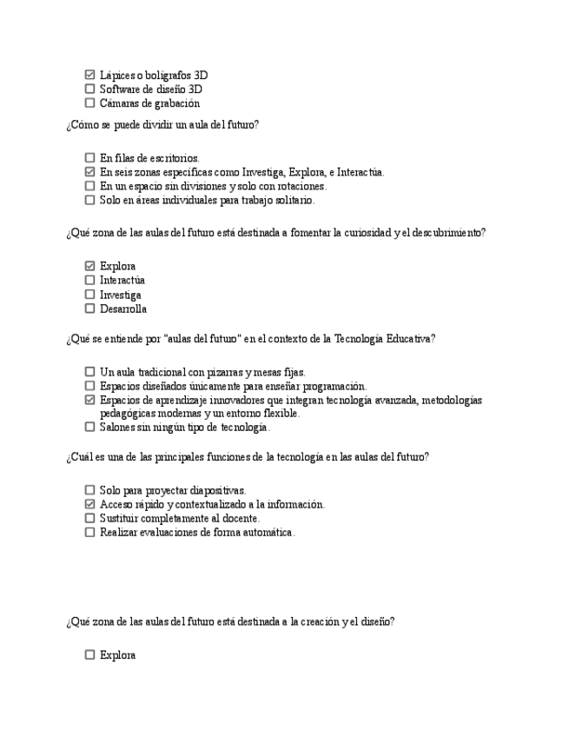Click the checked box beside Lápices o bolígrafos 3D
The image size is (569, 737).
pos(90,76)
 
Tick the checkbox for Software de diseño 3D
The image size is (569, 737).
pos(90,90)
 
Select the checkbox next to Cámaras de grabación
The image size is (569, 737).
pos(90,103)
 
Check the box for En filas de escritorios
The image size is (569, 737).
pos(90,158)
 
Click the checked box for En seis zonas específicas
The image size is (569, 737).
pos(90,172)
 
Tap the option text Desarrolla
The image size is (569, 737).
pos(123,309)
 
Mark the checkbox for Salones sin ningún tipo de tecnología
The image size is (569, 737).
pos(90,427)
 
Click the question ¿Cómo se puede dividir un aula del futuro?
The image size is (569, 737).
pos(162,124)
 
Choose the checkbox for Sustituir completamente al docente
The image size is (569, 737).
pos(90,518)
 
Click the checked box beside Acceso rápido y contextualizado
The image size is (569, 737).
pos(90,504)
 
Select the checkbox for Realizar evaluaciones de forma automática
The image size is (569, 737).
pos(90,532)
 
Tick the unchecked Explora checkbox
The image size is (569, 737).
pos(90,655)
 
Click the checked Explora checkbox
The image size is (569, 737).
pos(90,266)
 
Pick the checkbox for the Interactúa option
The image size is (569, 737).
pos(90,281)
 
